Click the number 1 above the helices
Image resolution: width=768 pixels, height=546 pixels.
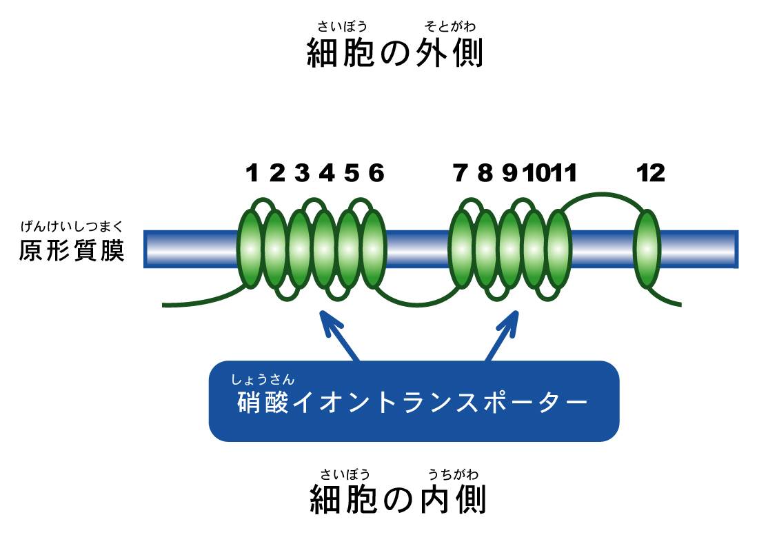(x=252, y=174)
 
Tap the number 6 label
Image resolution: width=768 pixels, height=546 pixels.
(x=376, y=174)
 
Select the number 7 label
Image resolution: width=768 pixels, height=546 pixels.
(x=461, y=174)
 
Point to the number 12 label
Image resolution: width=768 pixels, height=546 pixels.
(x=651, y=174)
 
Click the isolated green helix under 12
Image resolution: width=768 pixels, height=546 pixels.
(x=647, y=249)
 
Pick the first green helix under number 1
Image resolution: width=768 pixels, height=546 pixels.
(x=251, y=249)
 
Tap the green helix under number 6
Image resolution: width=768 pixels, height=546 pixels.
(x=374, y=249)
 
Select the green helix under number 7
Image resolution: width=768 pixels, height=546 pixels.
(x=461, y=249)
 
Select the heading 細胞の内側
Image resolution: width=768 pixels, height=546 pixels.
(x=398, y=501)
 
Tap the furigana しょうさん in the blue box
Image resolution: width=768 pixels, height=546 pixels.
(x=263, y=378)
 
